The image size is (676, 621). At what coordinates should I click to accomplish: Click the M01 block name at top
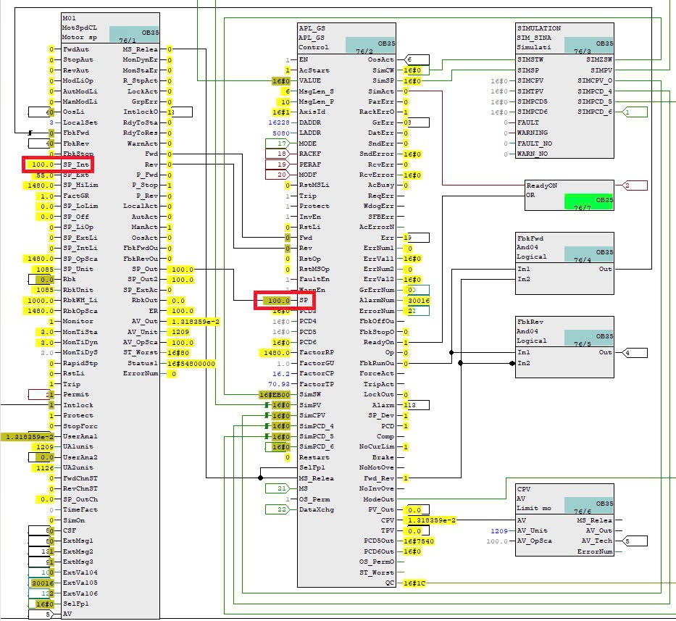pyautogui.click(x=68, y=17)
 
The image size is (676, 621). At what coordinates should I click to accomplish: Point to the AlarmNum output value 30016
pyautogui.click(x=418, y=300)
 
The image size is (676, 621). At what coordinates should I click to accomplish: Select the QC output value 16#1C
pyautogui.click(x=413, y=583)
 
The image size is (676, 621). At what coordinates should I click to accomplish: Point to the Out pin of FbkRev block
pyautogui.click(x=606, y=352)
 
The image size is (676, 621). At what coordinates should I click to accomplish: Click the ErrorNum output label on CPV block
pyautogui.click(x=594, y=551)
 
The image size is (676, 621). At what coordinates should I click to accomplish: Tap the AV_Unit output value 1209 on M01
pyautogui.click(x=179, y=331)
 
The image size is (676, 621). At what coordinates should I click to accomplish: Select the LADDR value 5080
pyautogui.click(x=281, y=133)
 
